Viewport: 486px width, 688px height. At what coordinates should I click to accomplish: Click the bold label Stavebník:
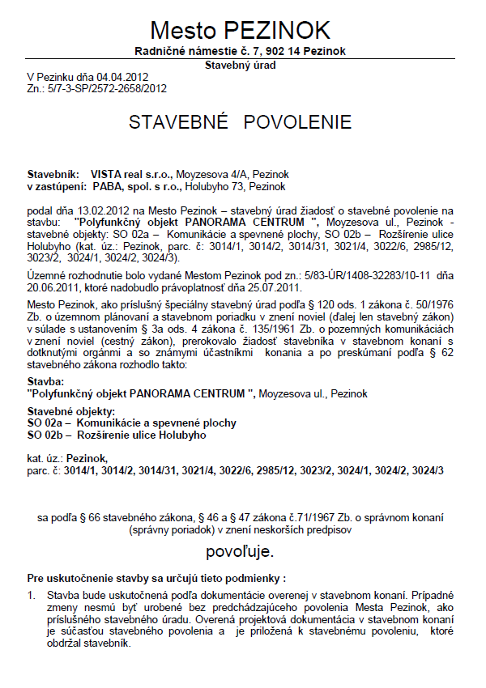coord(53,174)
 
